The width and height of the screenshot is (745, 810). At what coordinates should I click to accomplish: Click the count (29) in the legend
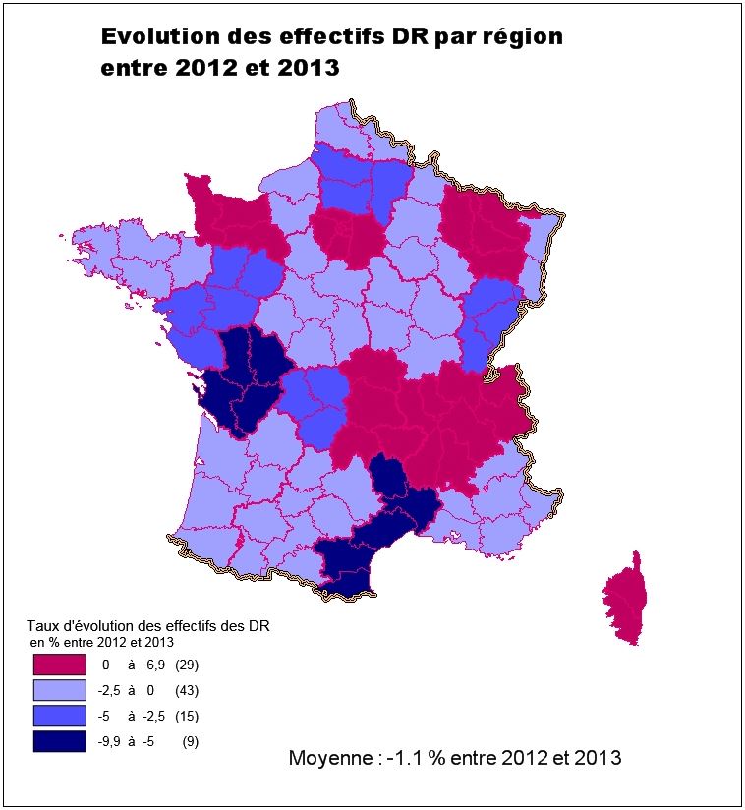[x=187, y=665]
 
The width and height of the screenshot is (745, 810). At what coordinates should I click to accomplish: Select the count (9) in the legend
[x=190, y=742]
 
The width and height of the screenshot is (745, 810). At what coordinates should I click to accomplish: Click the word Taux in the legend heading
[x=41, y=625]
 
